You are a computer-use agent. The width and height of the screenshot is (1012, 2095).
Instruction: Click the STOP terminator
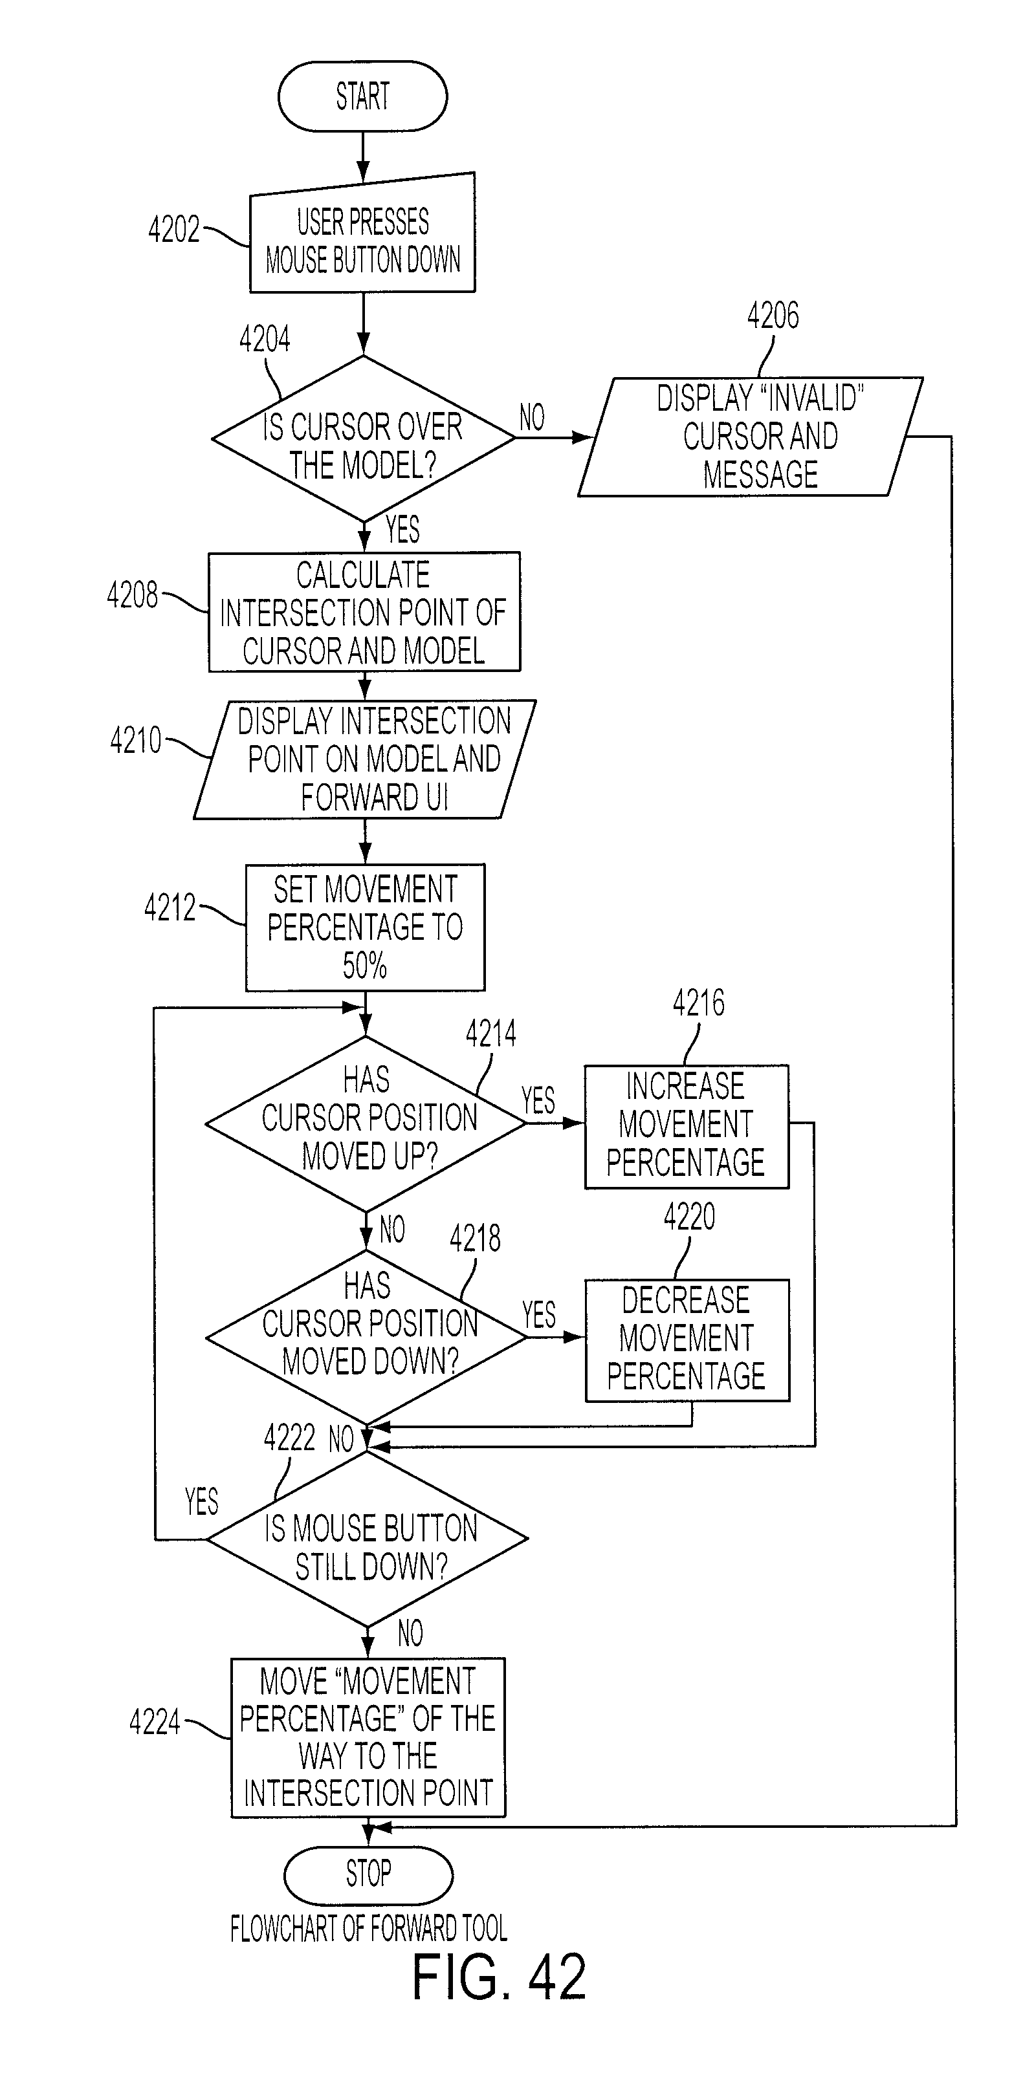(368, 1874)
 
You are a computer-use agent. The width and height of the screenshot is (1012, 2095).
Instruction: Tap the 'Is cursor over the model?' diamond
(363, 439)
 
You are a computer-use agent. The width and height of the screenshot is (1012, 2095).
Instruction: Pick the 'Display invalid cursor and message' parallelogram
(750, 437)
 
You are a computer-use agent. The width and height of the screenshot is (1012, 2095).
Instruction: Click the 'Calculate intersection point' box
(364, 613)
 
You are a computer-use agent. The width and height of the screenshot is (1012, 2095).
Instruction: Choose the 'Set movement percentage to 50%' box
(365, 927)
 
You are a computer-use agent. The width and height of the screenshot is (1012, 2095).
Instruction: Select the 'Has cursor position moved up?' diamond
(366, 1123)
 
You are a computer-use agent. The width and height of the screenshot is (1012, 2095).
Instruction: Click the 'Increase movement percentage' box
(687, 1126)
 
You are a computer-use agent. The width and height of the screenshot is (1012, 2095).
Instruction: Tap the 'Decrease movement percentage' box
(687, 1340)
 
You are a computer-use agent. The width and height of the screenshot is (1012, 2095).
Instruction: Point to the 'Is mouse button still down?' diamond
(368, 1539)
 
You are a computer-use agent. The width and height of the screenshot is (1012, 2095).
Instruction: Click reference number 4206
(773, 316)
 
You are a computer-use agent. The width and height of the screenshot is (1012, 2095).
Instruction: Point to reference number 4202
(173, 230)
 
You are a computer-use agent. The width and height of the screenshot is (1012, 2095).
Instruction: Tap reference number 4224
(155, 1722)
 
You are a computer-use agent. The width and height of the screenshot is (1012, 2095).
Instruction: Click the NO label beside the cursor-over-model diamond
(532, 418)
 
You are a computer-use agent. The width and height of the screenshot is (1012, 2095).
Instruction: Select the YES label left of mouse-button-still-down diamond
(202, 1501)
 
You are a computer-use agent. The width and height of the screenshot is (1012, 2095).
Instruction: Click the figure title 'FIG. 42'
(499, 1977)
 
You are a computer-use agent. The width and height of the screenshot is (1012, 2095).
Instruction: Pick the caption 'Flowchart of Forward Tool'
(369, 1928)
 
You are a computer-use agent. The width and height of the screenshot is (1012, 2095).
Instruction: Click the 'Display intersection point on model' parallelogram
(364, 759)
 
